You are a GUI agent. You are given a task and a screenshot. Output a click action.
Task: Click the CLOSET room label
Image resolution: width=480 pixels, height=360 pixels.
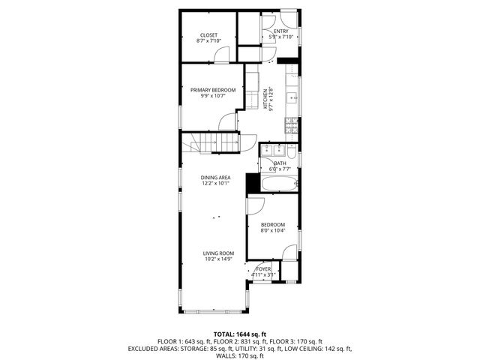[x=208, y=35]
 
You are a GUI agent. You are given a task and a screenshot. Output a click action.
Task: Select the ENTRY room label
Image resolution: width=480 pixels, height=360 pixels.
[x=280, y=31]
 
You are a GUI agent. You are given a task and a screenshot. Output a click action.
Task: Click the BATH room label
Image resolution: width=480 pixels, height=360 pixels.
[x=280, y=163]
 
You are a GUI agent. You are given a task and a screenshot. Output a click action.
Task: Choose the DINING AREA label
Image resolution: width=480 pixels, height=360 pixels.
[x=215, y=177]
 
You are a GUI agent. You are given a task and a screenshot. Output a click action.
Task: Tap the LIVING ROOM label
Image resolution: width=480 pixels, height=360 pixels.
[x=218, y=253]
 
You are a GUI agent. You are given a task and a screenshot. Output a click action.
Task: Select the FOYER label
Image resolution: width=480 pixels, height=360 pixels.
[x=263, y=268]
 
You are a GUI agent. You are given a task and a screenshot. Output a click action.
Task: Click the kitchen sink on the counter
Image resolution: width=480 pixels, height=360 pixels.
[x=292, y=96]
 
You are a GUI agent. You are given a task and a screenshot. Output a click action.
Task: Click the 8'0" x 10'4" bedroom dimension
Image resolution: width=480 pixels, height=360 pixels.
[x=273, y=231]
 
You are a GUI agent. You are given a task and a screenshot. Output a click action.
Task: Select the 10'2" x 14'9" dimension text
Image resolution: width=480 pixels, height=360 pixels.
[x=218, y=260]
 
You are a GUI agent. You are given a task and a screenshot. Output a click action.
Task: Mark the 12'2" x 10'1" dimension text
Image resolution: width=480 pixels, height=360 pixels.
[x=215, y=183]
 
